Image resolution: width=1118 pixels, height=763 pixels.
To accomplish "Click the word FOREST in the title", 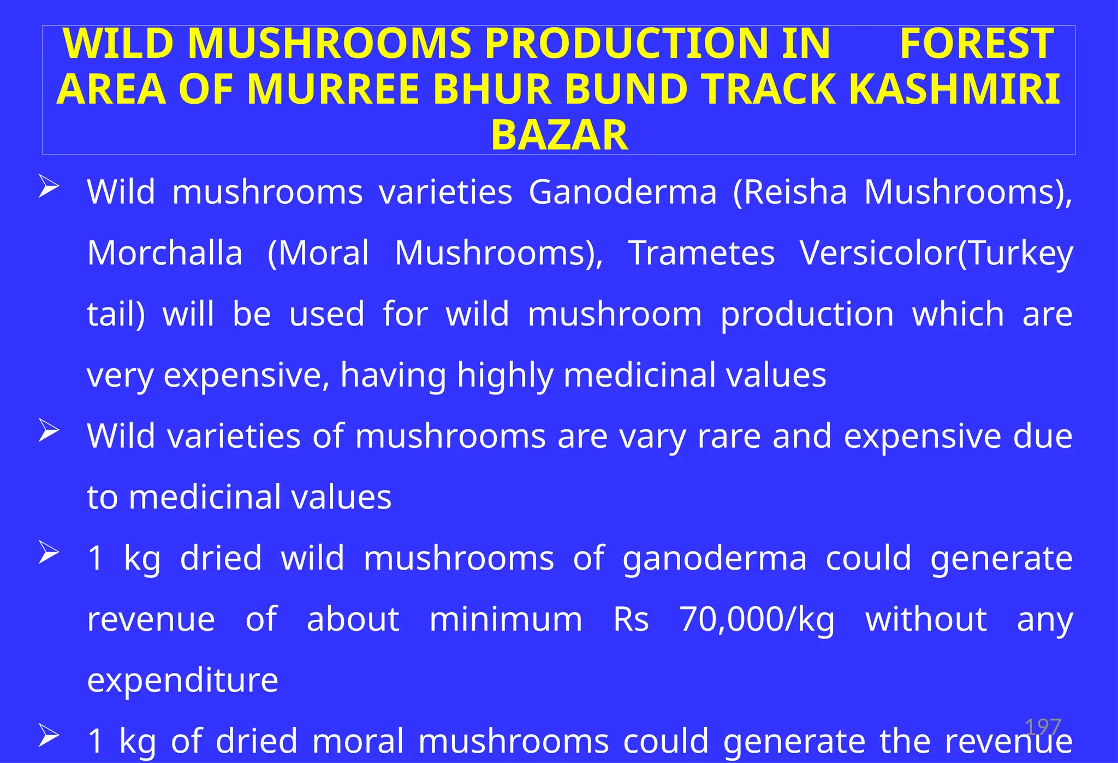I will click(x=977, y=44).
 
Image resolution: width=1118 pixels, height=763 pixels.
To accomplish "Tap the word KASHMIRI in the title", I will click(x=955, y=89).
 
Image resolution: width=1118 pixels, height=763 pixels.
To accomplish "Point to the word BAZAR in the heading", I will click(x=559, y=135).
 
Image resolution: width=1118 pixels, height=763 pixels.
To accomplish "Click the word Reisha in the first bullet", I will click(x=790, y=192).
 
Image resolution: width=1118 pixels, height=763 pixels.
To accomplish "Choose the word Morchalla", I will click(x=165, y=253).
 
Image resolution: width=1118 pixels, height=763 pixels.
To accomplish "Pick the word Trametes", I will click(x=701, y=253).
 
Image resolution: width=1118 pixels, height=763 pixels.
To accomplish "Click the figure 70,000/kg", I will click(x=757, y=620).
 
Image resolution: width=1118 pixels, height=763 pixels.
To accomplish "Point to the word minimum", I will click(x=506, y=620).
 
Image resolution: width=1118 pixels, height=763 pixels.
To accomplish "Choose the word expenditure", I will click(x=183, y=681).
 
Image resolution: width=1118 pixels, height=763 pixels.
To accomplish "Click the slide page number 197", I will click(x=1043, y=727).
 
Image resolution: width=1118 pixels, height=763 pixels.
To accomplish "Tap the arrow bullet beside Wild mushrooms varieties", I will click(x=49, y=187).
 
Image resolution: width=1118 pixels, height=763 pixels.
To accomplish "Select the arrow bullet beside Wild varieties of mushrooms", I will click(x=49, y=431).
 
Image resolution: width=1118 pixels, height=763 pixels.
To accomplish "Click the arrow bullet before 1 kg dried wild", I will click(x=49, y=553).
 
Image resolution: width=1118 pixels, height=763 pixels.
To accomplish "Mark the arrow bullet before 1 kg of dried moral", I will click(x=49, y=736).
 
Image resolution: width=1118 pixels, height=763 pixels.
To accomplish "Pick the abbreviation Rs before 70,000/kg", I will click(x=631, y=620).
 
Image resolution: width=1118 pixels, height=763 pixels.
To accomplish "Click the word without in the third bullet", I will click(x=926, y=620).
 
